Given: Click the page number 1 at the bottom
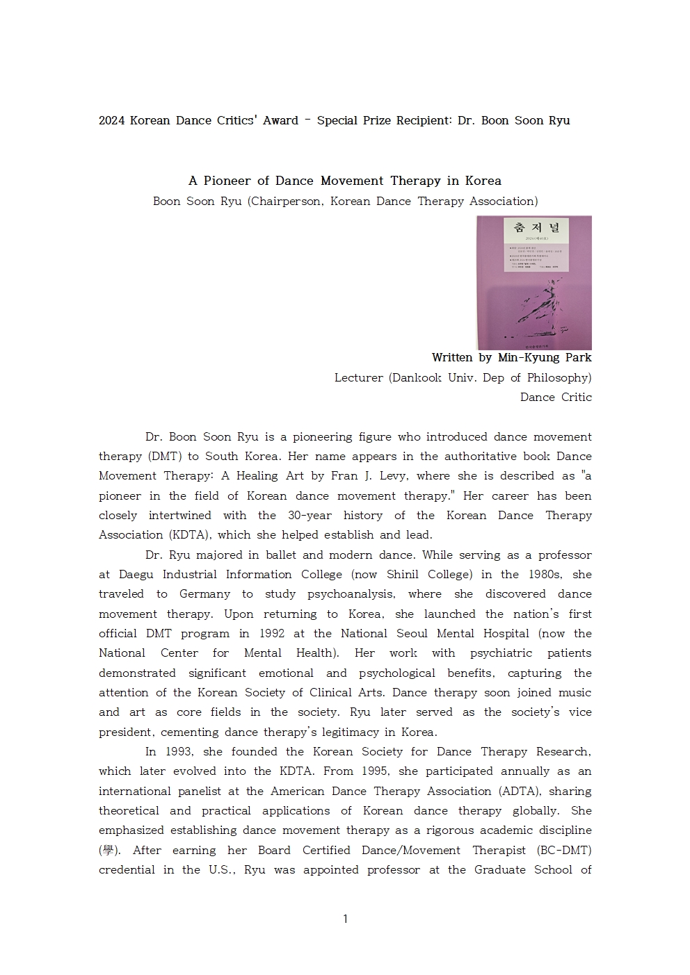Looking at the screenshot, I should coord(345,919).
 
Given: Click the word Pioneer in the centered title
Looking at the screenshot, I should coord(226,181).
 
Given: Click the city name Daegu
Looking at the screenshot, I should coord(136,575).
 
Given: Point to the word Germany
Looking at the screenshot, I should coord(204,594).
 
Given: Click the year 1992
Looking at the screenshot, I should coord(271,634).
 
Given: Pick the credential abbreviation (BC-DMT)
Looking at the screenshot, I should coord(564,850).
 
